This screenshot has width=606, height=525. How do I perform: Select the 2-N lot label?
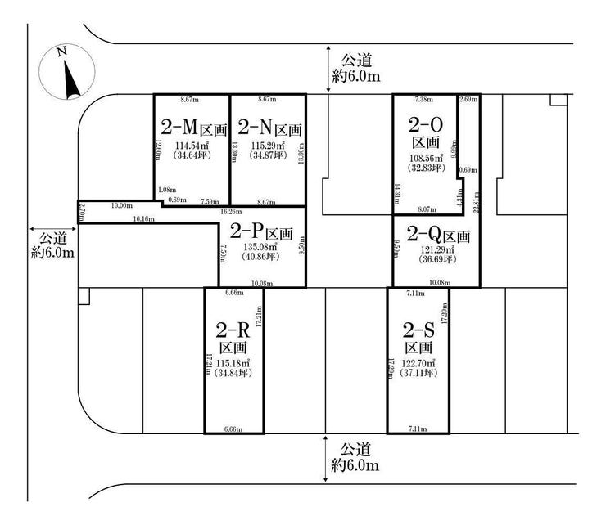(x=269, y=128)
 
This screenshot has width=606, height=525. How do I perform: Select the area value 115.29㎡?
(x=269, y=146)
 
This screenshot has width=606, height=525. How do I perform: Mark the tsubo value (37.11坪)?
(x=418, y=373)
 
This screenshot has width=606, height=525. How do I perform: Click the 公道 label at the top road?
(x=356, y=59)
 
